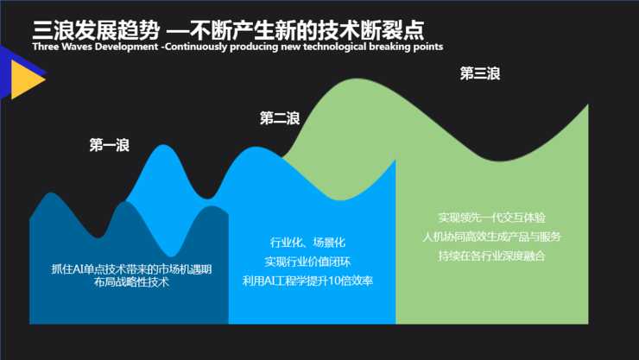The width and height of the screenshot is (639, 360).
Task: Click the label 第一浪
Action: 109,146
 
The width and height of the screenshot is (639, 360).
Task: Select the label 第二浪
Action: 279,118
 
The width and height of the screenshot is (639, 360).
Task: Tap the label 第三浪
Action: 479,74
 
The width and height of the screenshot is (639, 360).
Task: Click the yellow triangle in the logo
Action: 26,82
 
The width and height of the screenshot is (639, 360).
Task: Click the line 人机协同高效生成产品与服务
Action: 491,237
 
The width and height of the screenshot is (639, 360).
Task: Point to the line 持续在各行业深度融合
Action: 491,256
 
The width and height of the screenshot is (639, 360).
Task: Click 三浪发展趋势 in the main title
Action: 95,28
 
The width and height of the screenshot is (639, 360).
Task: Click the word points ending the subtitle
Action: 427,46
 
